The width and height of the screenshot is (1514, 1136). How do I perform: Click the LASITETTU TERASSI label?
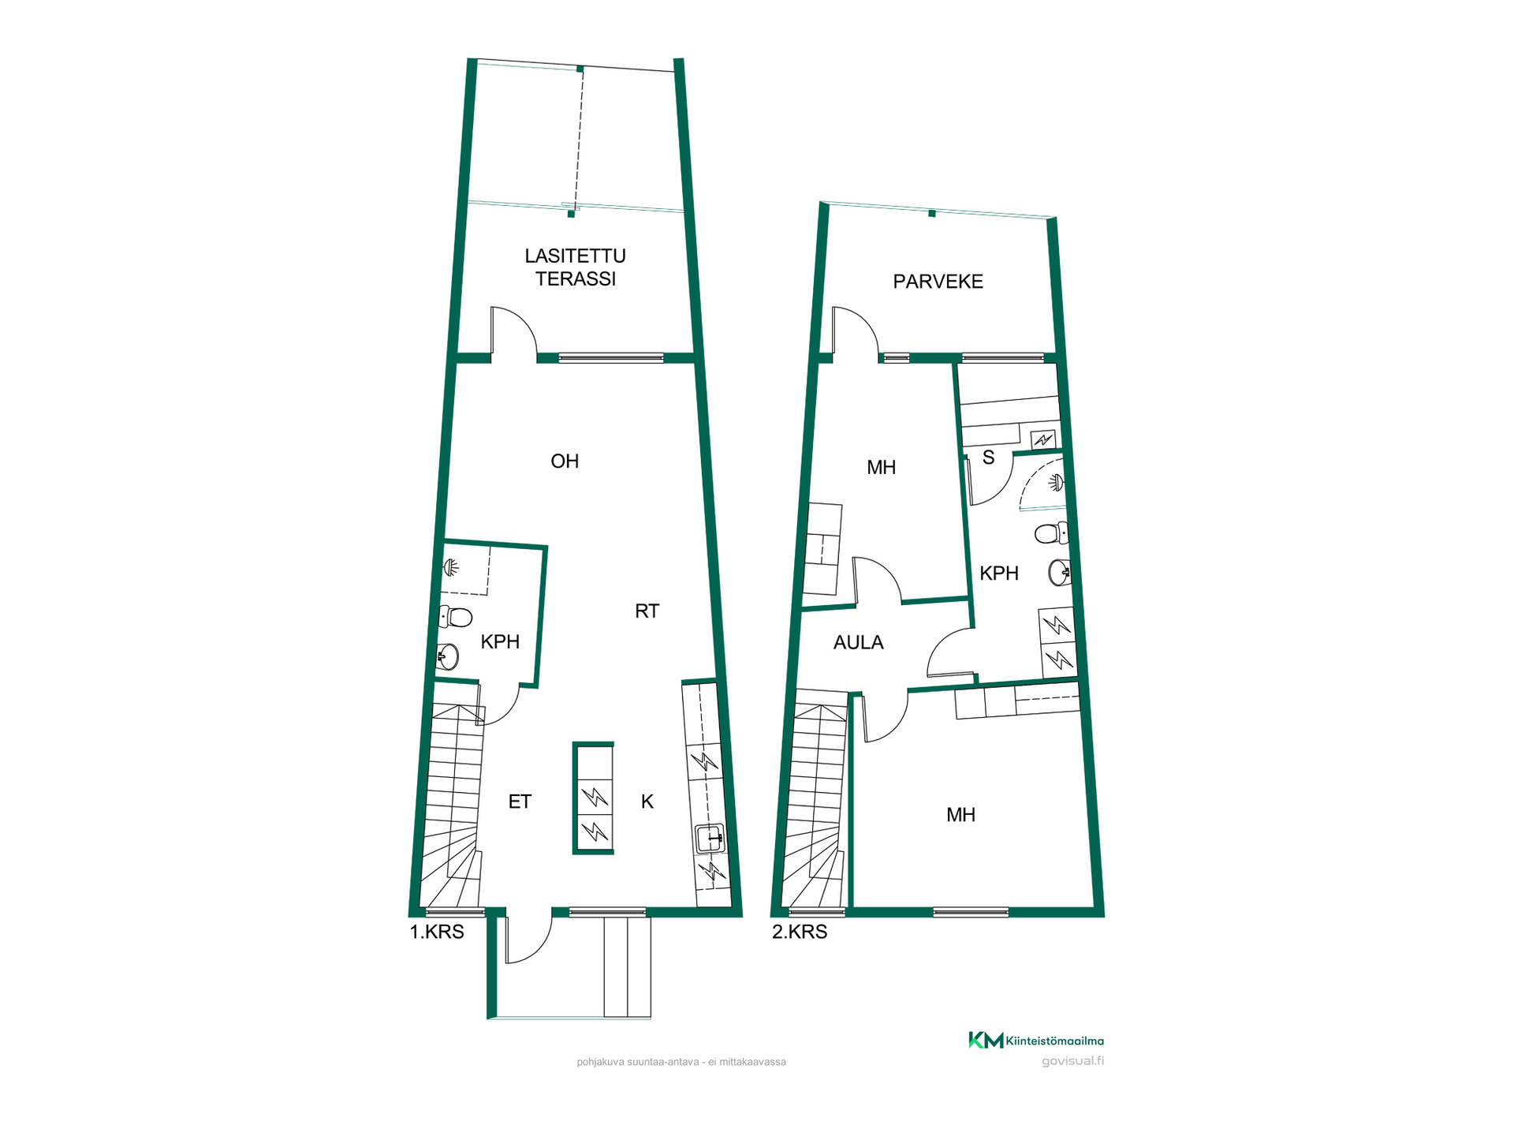[x=576, y=267]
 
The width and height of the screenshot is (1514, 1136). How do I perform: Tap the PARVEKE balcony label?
[x=938, y=282]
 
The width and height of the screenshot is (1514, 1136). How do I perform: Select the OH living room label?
[x=565, y=461]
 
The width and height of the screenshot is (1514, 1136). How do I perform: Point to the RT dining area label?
[x=647, y=611]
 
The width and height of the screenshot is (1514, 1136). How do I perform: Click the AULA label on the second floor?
[x=858, y=643]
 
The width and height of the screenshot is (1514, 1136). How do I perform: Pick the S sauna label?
[x=988, y=458]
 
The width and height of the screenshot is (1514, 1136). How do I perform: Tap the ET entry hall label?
[x=520, y=802]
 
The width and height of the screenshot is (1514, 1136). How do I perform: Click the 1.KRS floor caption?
[x=437, y=932]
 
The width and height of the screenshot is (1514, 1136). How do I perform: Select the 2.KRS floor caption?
[x=800, y=932]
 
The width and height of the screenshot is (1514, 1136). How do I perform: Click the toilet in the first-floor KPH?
[x=455, y=616]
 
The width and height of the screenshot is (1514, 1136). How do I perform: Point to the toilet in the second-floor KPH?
[x=1051, y=534]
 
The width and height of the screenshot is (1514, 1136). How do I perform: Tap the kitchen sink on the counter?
[x=710, y=838]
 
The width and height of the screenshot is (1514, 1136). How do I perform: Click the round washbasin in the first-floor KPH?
[x=448, y=656]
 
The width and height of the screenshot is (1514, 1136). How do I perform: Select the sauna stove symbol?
[x=1043, y=439]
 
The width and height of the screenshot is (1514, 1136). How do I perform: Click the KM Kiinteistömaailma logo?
[x=1035, y=1041]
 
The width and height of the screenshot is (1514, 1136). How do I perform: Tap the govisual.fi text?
[x=1072, y=1061]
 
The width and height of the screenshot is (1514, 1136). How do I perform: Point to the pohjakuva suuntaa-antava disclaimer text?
[x=681, y=1062]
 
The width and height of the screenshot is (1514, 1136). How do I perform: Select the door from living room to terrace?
[x=513, y=331]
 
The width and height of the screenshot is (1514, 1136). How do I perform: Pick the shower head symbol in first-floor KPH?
[x=451, y=566]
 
